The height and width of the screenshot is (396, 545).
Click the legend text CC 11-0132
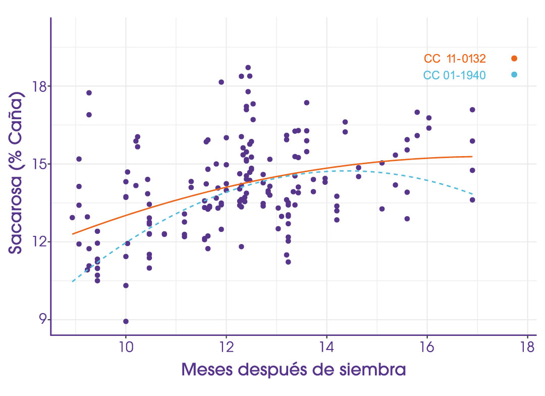[x=455, y=59]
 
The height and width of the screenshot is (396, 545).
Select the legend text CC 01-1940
[x=454, y=75]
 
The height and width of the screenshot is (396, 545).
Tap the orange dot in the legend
[x=514, y=59]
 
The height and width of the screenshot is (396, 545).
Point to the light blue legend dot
[x=514, y=75]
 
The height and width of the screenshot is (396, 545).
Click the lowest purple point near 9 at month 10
[x=126, y=321]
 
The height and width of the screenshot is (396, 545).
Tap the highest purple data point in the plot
[x=248, y=68]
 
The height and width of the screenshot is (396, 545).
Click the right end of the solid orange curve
[x=472, y=157]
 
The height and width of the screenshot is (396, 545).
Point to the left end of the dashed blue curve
[x=73, y=281]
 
